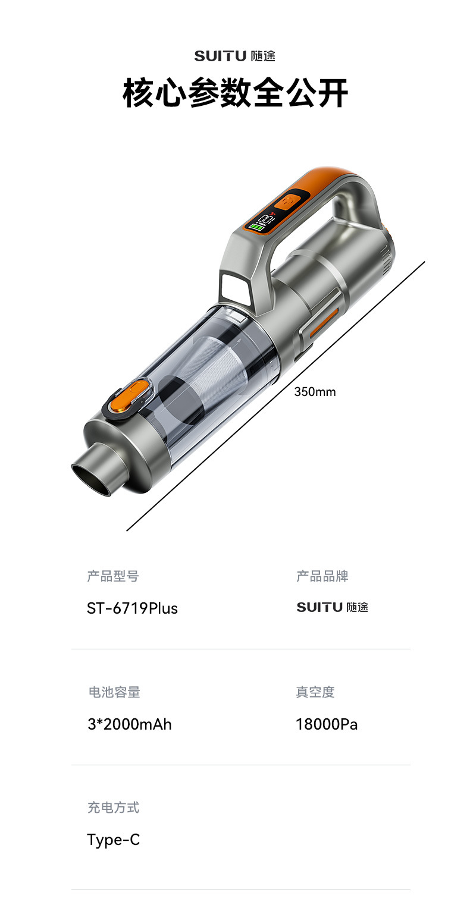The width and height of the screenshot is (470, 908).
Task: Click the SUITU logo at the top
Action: coord(234,56)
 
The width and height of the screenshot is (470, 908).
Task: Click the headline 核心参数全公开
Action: coord(235,93)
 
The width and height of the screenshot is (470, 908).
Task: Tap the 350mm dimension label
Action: coord(315,392)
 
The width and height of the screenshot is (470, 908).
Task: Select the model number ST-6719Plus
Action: coord(132,608)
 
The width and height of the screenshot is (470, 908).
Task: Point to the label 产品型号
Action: coord(112,576)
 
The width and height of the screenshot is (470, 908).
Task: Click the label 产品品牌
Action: coord(322,576)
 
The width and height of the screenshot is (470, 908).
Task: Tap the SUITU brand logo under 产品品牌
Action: coord(332,607)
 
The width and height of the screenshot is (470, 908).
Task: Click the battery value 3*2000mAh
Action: coord(130,724)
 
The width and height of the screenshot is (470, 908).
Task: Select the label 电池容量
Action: coord(114,692)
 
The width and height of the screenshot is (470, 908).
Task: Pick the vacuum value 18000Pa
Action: coord(327,724)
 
